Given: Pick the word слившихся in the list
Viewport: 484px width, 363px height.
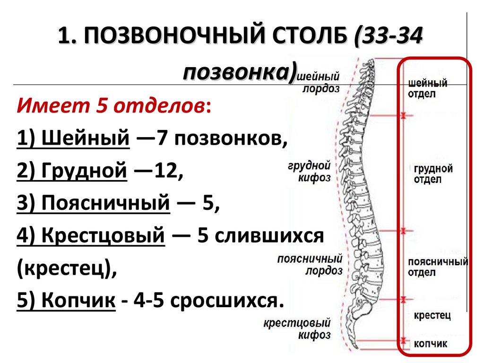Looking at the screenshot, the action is click(x=269, y=235).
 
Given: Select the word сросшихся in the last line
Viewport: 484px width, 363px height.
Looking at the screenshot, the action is click(x=224, y=300).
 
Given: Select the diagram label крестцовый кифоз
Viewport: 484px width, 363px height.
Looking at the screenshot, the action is click(x=303, y=329).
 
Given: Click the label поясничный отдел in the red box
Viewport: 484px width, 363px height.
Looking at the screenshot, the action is click(x=438, y=267).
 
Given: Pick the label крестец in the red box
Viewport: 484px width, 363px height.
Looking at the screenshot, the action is click(x=432, y=315).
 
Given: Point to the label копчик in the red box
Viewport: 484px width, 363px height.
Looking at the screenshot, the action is click(x=430, y=344).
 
